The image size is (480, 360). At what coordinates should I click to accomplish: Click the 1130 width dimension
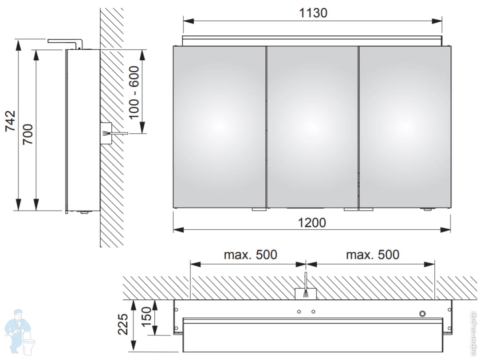[313, 13]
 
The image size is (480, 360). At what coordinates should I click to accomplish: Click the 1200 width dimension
[312, 223]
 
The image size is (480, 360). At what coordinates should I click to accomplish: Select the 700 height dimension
[28, 134]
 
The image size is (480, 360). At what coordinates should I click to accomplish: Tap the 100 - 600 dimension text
[134, 92]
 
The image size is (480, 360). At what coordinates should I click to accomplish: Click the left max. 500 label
[250, 254]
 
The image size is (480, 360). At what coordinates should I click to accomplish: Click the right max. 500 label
[373, 254]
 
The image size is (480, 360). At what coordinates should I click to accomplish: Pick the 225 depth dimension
[123, 324]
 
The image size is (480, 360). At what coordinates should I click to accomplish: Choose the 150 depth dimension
[147, 317]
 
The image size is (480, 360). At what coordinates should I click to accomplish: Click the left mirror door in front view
[220, 127]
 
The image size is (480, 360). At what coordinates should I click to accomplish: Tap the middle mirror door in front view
[312, 127]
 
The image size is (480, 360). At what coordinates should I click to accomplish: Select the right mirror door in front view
[405, 127]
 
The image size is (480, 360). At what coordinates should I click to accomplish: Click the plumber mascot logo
[19, 332]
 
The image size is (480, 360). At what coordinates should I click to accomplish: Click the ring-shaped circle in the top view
[422, 313]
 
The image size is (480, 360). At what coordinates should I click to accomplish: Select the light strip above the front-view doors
[313, 41]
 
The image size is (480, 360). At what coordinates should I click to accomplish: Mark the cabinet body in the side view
[83, 130]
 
